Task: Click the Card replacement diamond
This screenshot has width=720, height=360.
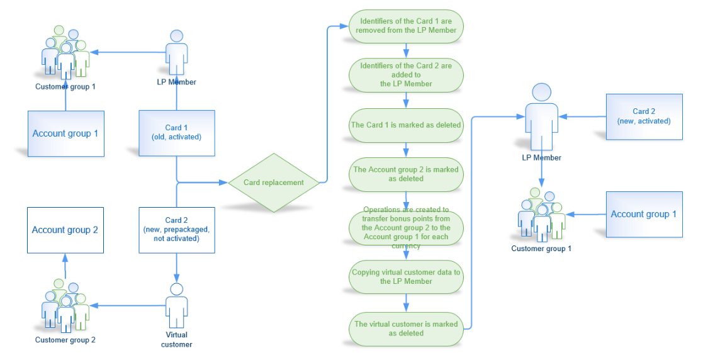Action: pyautogui.click(x=274, y=183)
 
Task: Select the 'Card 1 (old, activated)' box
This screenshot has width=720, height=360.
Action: pyautogui.click(x=177, y=133)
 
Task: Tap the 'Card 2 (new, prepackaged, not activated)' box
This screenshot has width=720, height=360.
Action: pyautogui.click(x=177, y=230)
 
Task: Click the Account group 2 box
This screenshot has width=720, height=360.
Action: pyautogui.click(x=65, y=230)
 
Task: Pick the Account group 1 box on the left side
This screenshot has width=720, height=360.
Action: pyautogui.click(x=65, y=133)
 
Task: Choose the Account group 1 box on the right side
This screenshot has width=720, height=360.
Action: pyautogui.click(x=644, y=214)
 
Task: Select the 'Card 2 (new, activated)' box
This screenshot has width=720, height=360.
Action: pyautogui.click(x=644, y=116)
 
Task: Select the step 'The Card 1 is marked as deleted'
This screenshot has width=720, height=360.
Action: pyautogui.click(x=406, y=125)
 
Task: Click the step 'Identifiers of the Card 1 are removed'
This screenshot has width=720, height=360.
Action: pyautogui.click(x=406, y=26)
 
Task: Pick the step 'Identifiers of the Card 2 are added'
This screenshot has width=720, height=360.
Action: pyautogui.click(x=406, y=75)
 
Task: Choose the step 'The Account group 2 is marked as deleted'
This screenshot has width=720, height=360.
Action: pyautogui.click(x=406, y=174)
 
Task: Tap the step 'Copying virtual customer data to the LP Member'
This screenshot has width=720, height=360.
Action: pyautogui.click(x=406, y=277)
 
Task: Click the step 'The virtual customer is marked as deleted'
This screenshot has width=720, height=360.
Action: pyautogui.click(x=406, y=329)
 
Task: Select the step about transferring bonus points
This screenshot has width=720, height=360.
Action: pyautogui.click(x=406, y=227)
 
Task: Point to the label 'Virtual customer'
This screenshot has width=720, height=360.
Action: pyautogui.click(x=176, y=340)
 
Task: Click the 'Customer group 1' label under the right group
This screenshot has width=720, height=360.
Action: pyautogui.click(x=541, y=249)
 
